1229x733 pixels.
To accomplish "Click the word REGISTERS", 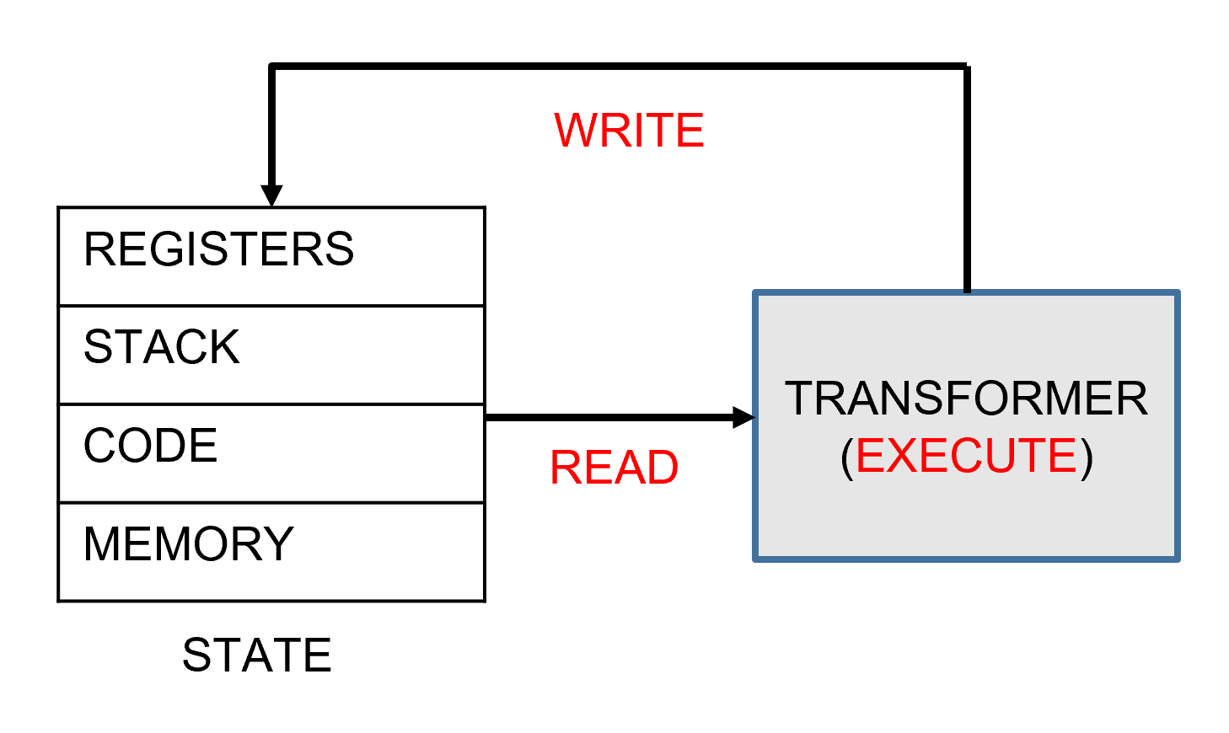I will [218, 249].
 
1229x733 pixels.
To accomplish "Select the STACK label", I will [161, 347].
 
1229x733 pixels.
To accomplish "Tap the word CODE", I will [150, 446].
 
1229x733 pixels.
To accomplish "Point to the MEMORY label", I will [188, 544].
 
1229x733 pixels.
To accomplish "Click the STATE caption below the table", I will [257, 655].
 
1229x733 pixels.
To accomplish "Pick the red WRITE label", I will [629, 131].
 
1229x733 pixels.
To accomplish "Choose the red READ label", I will [614, 468].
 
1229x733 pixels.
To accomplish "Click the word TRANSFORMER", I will [966, 399].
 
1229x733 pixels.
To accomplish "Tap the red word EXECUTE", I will [966, 456].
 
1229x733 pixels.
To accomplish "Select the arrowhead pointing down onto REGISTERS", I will [271, 195].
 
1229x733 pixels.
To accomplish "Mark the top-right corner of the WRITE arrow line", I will [966, 66].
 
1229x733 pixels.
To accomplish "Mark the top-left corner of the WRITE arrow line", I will [271, 66].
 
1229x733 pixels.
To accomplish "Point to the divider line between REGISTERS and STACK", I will [271, 306].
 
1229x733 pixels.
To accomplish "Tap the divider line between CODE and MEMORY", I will [271, 503].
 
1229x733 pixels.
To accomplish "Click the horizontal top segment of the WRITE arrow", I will [619, 66].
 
